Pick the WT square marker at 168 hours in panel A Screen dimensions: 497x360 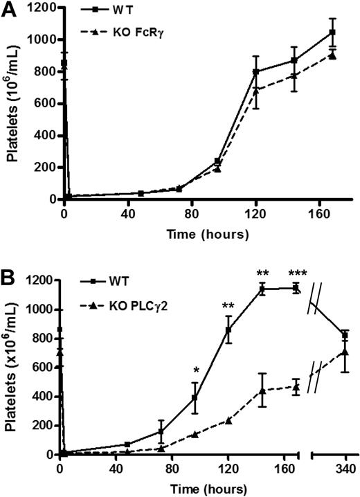pos(332,33)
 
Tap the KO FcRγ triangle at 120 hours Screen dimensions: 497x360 pos(256,90)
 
